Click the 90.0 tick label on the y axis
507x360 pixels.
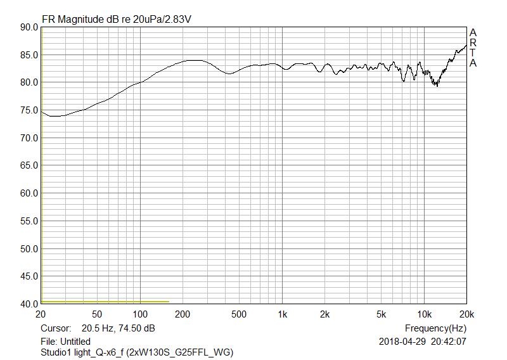[x=29, y=27]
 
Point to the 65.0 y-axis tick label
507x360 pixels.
[x=29, y=165]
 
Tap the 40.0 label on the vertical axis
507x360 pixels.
[x=29, y=304]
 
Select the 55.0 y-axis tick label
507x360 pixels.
[x=29, y=221]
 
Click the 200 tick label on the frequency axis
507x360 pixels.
[x=183, y=315]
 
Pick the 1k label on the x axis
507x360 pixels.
[x=283, y=315]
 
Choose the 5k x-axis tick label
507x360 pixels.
[x=381, y=315]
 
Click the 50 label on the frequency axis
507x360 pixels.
[x=97, y=315]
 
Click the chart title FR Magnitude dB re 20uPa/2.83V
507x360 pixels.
[x=117, y=19]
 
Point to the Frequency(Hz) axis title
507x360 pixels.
[x=435, y=328]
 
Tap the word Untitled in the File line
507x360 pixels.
[x=75, y=342]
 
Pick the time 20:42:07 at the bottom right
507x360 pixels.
[x=449, y=342]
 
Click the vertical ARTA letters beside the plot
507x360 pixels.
[x=473, y=48]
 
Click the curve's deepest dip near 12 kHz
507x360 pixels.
[x=437, y=86]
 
